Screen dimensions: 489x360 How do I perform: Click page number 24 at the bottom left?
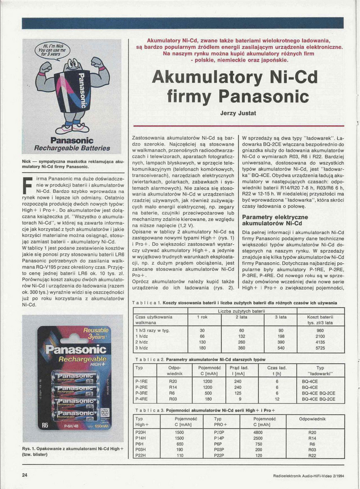point(25,475)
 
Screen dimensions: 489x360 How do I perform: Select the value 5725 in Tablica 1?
point(320,348)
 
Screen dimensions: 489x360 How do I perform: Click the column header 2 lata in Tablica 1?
point(242,317)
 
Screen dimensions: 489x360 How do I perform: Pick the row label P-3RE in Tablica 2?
point(142,392)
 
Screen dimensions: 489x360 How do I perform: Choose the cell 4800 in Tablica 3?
point(258,432)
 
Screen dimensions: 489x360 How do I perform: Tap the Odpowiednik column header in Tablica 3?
point(312,419)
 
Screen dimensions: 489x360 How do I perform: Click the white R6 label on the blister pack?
point(45,426)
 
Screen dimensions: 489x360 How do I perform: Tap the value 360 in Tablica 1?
point(242,348)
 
